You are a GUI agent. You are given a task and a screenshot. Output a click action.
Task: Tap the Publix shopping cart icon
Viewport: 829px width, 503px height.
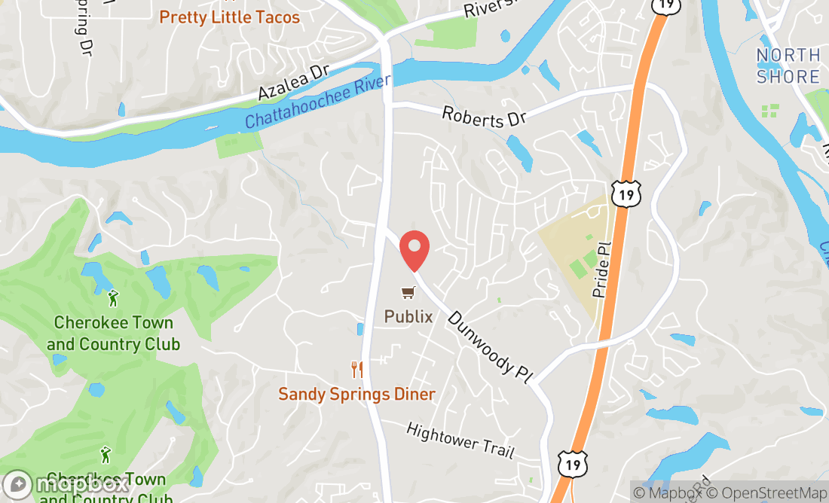click(x=408, y=292)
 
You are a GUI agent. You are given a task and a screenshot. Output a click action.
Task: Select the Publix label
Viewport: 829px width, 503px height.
click(x=408, y=316)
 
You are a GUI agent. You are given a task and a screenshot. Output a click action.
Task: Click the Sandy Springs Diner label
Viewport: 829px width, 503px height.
click(x=356, y=394)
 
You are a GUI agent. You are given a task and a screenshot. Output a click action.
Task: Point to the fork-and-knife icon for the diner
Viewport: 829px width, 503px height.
click(x=357, y=369)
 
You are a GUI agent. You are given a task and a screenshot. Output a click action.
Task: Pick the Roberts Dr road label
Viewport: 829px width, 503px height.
click(x=484, y=114)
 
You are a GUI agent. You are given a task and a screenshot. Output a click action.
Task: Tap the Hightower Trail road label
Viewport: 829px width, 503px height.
click(x=460, y=441)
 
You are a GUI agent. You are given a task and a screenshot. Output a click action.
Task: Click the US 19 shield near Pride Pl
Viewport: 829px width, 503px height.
click(x=626, y=194)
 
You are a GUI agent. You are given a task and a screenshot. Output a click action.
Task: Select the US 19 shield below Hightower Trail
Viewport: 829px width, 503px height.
click(x=572, y=464)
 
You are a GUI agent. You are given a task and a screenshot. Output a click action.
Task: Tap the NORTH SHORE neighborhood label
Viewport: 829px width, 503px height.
click(x=788, y=66)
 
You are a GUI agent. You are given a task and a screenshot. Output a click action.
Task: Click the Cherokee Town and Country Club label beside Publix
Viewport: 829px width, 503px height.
click(x=113, y=334)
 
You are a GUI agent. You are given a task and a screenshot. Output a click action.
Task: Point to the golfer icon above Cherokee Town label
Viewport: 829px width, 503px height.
click(x=113, y=298)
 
